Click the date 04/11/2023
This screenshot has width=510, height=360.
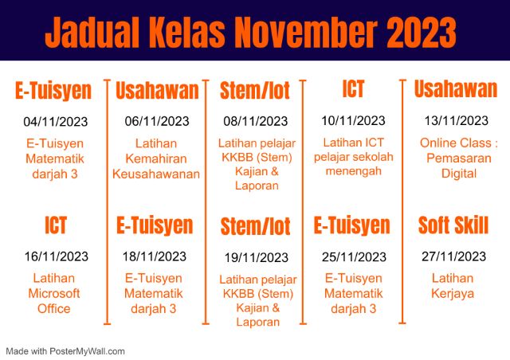coord(55,122)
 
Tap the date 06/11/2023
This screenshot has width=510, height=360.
coord(157,122)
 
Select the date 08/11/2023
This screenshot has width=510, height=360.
coord(255,121)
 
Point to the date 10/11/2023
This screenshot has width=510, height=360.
coord(353,121)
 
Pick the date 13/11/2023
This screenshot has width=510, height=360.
coord(455,121)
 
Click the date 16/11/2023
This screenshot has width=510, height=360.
coord(55,256)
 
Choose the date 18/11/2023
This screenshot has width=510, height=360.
coord(155,256)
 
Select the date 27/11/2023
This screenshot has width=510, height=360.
coord(453,256)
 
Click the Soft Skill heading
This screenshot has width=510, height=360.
coord(453,225)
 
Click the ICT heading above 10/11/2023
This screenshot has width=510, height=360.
coord(353,88)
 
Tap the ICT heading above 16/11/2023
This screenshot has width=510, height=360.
coord(55,225)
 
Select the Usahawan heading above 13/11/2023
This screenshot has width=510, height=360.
coord(455,89)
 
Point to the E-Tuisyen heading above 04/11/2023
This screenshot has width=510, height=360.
coord(53,91)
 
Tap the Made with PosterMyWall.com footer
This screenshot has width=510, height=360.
coord(65,350)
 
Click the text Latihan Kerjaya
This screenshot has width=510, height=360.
coord(453,286)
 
